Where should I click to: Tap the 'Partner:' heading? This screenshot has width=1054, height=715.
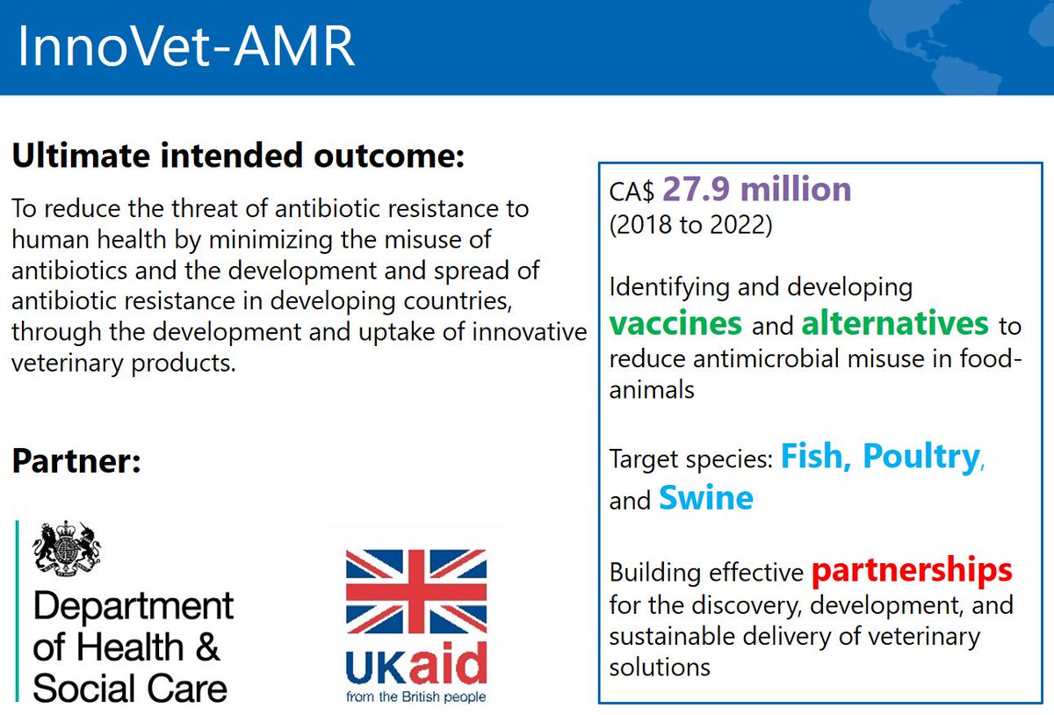[x=77, y=461]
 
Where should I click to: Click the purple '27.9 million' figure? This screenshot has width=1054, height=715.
[x=756, y=189]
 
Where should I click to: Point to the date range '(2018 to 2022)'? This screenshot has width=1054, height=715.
[x=690, y=225]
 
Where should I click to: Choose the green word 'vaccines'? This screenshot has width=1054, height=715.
[x=675, y=323]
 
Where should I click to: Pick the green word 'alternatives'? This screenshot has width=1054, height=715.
[x=895, y=323]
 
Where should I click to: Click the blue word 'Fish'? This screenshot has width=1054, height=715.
[x=815, y=456]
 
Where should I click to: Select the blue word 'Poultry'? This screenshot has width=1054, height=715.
[x=920, y=456]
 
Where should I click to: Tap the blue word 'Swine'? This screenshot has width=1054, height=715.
[x=705, y=498]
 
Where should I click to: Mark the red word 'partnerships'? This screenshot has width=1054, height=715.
[x=913, y=570]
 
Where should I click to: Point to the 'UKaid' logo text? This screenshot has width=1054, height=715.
[x=416, y=669]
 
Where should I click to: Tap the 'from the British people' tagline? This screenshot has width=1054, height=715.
[x=416, y=697]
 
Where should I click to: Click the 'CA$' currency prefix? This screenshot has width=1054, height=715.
[x=632, y=192]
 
